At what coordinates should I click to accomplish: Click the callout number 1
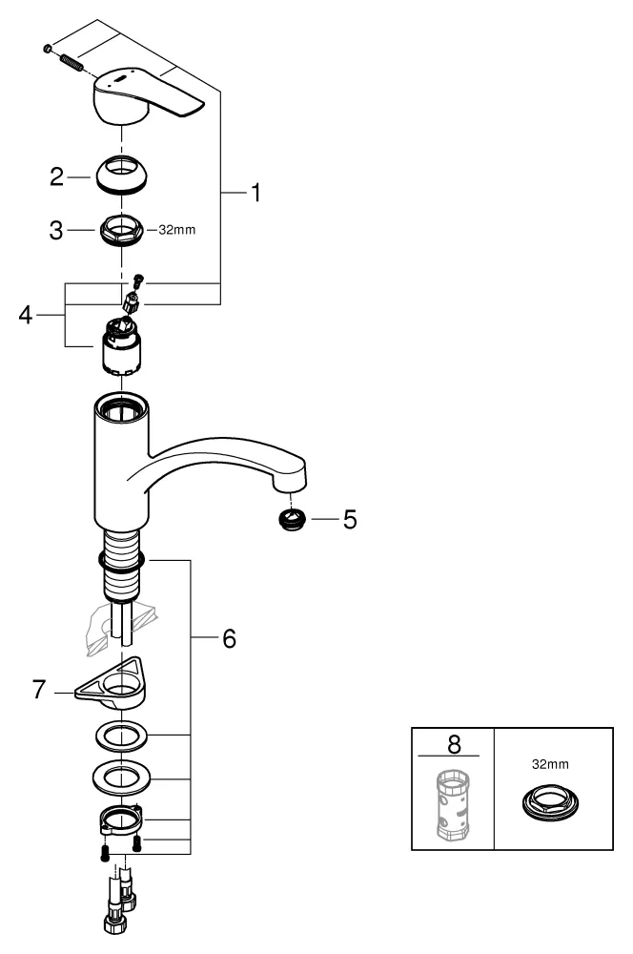coord(255,193)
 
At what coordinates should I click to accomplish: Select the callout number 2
coord(56,176)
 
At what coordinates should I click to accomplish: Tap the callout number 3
coord(56,231)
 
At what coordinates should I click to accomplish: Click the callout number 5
coord(350,521)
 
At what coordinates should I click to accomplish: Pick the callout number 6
coord(228,638)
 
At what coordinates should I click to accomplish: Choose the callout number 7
coord(40,689)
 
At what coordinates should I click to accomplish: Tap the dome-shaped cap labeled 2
coord(123,175)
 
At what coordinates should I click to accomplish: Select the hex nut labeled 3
coord(122,231)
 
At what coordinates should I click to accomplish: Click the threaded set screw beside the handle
coord(68,60)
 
